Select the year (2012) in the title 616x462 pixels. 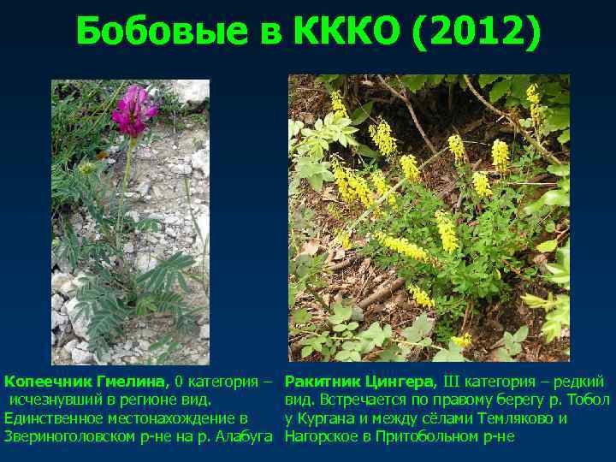coord(476,33)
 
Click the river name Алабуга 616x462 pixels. coord(243,437)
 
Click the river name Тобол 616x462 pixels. coord(589,400)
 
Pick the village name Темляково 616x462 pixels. coord(517,418)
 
